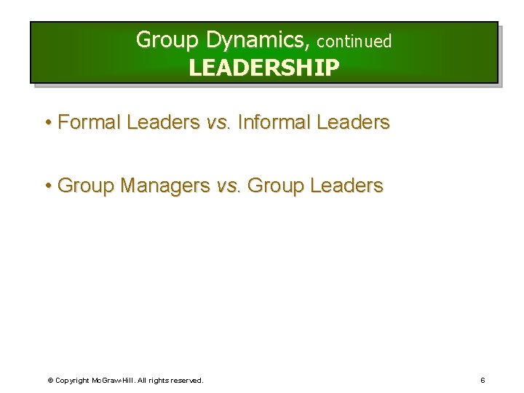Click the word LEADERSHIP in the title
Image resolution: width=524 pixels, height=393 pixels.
click(x=263, y=68)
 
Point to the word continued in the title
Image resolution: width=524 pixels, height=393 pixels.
click(x=354, y=41)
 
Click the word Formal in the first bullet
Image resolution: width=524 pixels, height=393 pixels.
click(x=89, y=122)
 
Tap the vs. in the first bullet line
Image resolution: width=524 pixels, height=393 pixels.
click(x=217, y=122)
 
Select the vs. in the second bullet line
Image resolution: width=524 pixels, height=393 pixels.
click(x=229, y=186)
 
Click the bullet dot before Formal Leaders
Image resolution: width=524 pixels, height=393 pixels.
click(x=48, y=122)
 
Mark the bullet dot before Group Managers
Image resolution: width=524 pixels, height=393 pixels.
click(x=48, y=186)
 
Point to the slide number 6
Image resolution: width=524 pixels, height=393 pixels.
click(x=483, y=380)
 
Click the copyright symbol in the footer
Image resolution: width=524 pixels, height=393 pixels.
click(x=49, y=380)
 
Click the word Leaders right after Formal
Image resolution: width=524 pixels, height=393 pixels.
click(x=162, y=122)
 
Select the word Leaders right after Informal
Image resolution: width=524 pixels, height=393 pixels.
click(x=353, y=122)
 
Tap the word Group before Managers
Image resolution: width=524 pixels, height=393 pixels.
click(x=86, y=186)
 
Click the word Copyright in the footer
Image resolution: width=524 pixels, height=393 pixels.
click(x=72, y=380)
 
